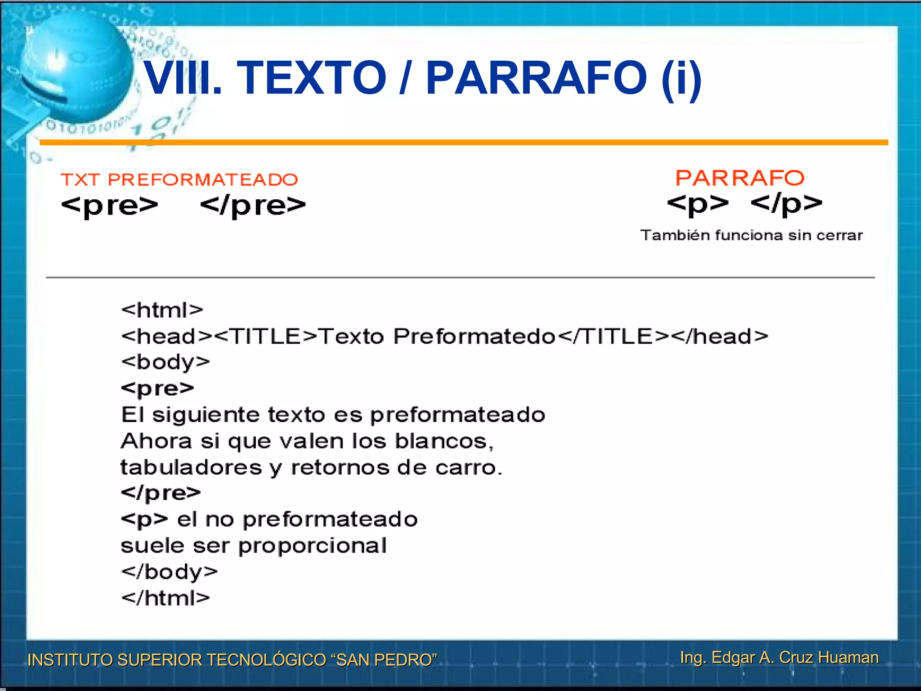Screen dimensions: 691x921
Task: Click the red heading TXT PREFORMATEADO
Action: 179,179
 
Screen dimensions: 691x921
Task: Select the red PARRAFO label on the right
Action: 740,178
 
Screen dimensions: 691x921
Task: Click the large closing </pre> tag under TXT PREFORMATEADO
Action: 253,206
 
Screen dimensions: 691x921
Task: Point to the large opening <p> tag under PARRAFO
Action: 697,204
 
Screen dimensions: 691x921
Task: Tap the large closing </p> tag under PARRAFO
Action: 787,204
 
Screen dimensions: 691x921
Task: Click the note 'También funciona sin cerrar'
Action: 751,235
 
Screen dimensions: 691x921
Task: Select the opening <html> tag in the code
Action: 162,310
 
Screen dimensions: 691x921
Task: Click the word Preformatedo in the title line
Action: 474,336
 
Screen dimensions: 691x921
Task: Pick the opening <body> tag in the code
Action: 165,362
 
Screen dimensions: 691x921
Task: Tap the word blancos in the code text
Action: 444,441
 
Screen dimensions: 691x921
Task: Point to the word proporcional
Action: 313,546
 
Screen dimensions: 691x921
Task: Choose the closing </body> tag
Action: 170,572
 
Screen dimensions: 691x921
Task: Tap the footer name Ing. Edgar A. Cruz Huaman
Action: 779,657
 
